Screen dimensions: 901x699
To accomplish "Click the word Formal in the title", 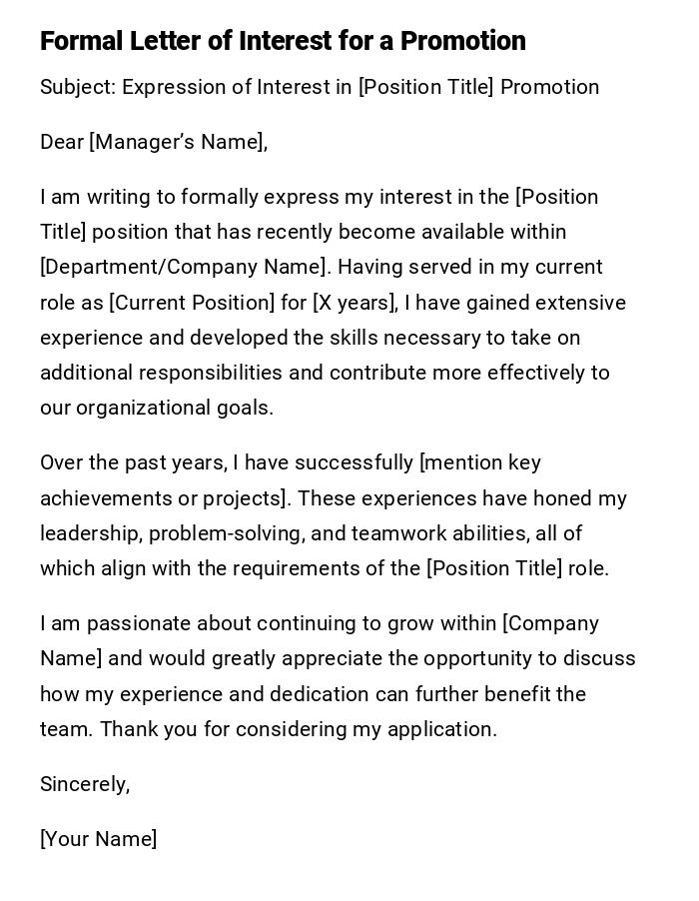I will point(81,41).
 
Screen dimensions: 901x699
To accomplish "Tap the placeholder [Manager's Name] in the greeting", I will point(178,142).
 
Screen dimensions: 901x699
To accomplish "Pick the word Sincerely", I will point(85,784).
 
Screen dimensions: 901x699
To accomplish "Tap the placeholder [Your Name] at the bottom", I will point(98,839).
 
